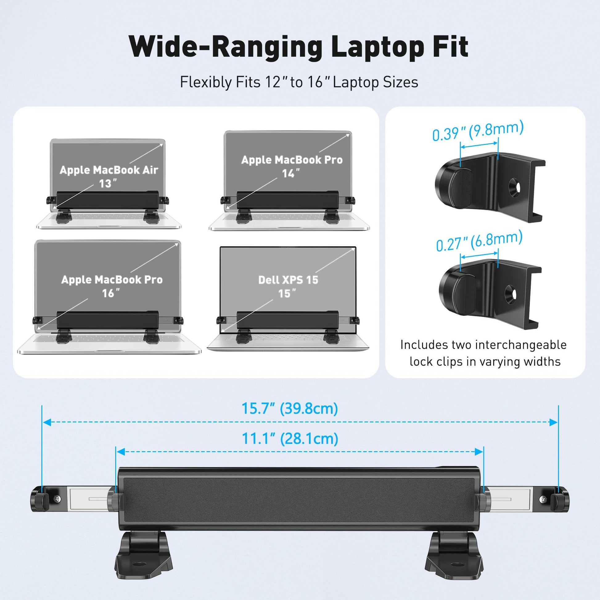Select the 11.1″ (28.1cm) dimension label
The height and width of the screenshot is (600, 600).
tap(290, 438)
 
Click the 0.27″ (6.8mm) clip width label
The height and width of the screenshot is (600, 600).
tap(479, 241)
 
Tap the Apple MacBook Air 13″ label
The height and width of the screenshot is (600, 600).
tap(109, 176)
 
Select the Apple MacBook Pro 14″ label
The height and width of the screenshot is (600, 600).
tap(292, 166)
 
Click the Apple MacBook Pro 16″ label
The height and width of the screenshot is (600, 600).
tap(112, 286)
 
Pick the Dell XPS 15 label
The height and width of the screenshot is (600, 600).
tap(288, 280)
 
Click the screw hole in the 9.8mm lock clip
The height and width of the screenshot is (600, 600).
tap(514, 187)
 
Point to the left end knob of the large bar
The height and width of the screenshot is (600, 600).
tap(39, 499)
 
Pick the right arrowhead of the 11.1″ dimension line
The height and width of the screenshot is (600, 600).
tap(479, 452)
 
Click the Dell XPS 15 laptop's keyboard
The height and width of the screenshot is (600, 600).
tap(288, 338)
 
